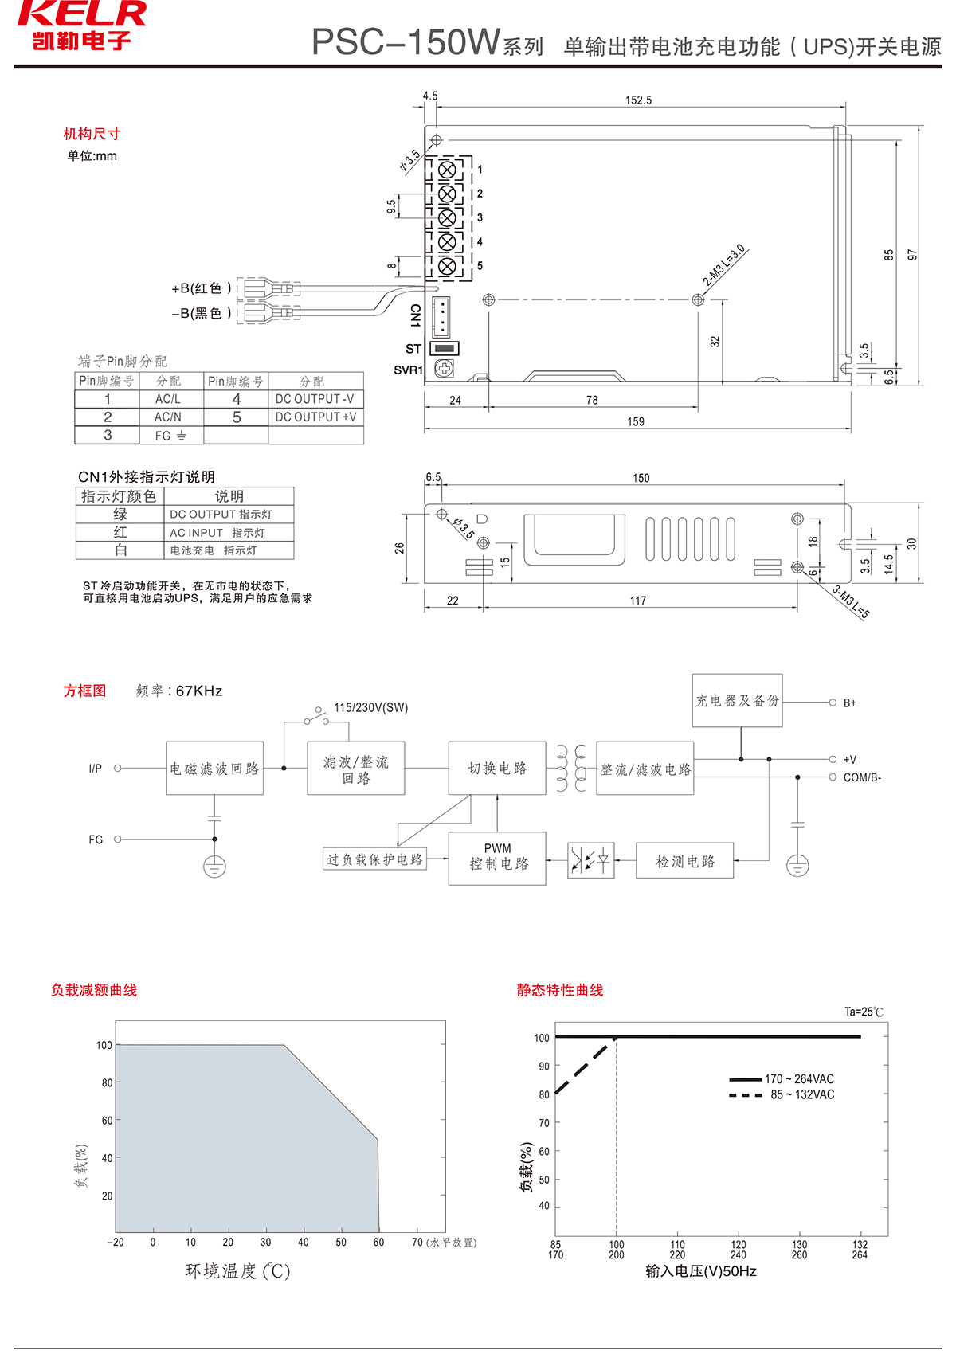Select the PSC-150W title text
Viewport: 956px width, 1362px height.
406,43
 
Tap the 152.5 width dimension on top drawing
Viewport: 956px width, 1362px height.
638,100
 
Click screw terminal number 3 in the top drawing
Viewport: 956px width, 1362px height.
447,217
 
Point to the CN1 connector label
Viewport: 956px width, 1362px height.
415,315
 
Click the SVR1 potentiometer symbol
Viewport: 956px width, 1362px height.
444,368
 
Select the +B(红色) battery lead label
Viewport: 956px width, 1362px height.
202,288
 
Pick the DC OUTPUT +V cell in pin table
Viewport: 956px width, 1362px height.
315,417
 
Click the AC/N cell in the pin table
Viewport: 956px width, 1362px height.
168,417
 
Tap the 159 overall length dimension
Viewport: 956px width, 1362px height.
636,421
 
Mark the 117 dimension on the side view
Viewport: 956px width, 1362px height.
638,601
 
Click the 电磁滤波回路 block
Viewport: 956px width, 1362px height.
214,769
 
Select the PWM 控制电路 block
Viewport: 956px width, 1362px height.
497,858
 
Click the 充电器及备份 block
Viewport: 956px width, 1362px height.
737,701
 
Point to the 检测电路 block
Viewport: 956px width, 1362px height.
684,861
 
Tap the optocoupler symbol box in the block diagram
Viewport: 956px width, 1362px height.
591,860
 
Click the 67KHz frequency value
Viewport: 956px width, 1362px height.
199,691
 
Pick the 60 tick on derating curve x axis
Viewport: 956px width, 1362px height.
378,1243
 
